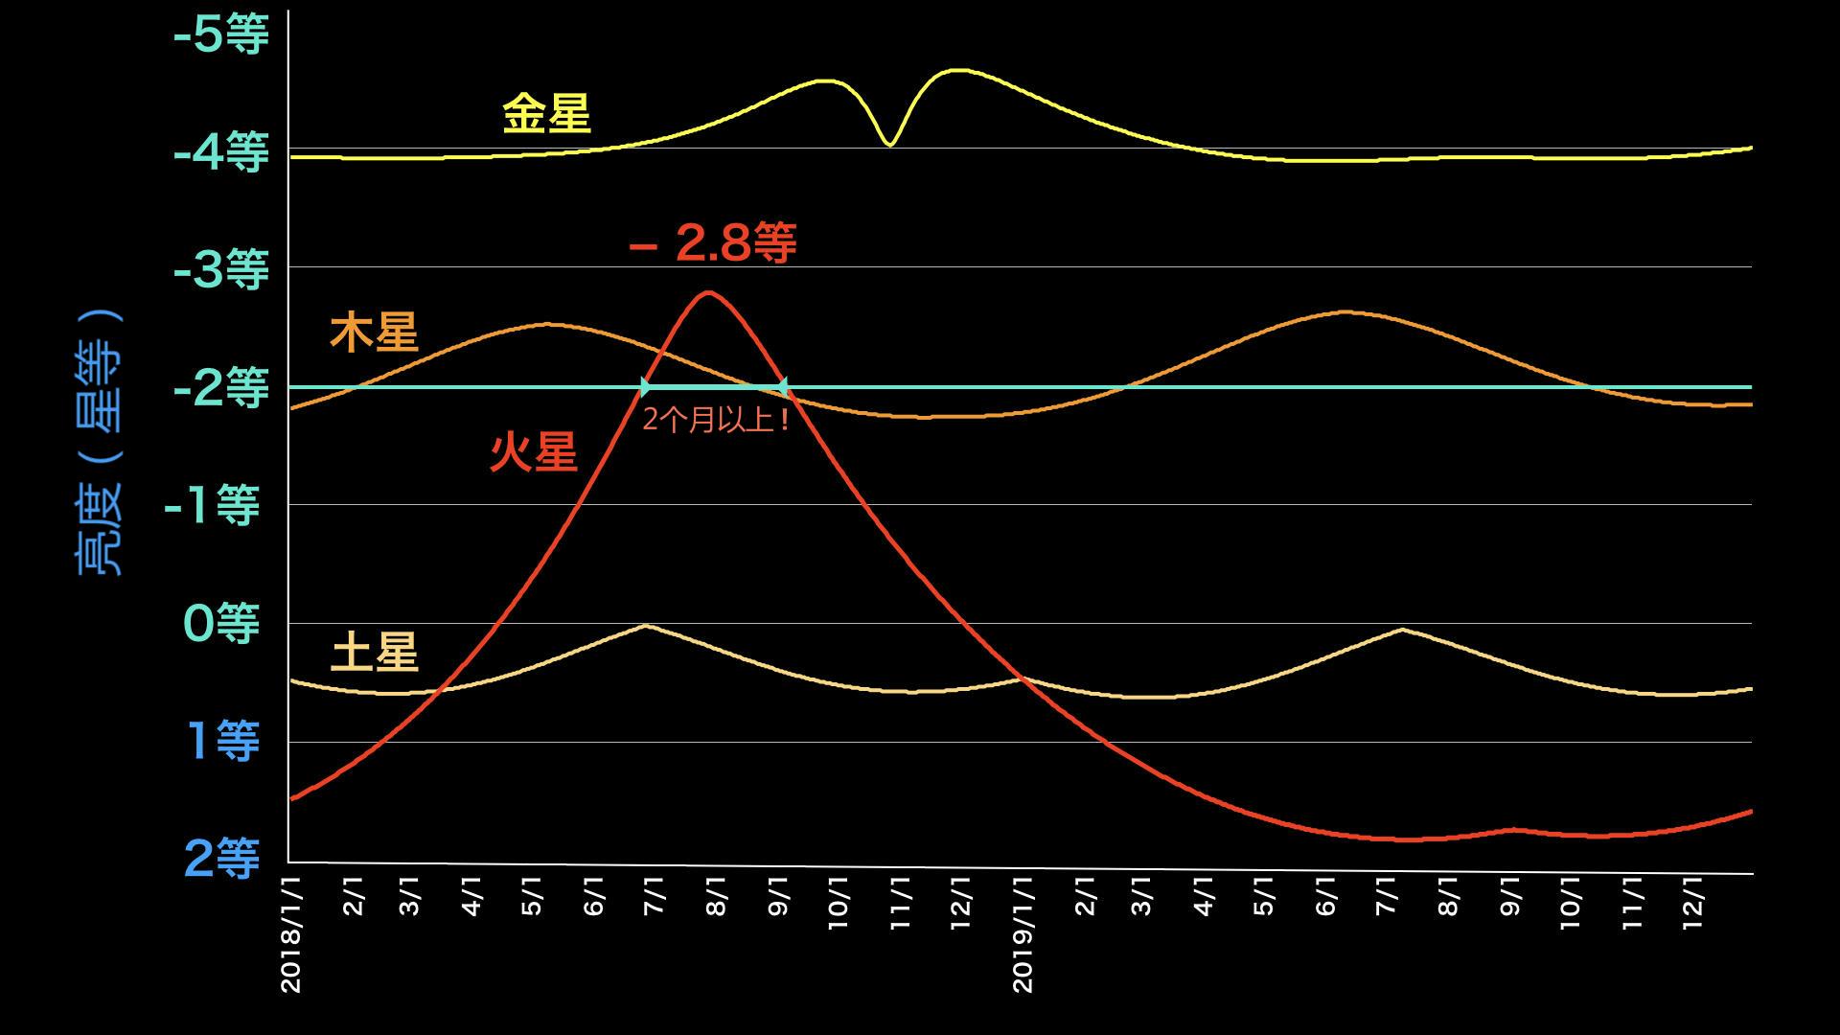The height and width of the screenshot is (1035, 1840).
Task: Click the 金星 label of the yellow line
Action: [546, 114]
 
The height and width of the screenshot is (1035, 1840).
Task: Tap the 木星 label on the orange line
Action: [374, 333]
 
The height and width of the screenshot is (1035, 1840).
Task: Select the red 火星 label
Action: [533, 452]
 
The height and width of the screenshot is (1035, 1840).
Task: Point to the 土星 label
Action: [374, 655]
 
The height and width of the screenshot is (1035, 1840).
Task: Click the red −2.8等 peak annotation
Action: [712, 242]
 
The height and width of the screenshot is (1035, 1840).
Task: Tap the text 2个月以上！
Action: [716, 420]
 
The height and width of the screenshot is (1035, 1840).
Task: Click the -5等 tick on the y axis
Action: [220, 35]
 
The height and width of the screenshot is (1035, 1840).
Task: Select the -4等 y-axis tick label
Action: [220, 152]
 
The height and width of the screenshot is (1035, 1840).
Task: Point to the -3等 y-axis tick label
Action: [220, 271]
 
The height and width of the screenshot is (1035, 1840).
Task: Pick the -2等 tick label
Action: [220, 389]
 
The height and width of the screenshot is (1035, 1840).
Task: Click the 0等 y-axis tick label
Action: [220, 624]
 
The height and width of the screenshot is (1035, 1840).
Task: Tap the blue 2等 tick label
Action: [220, 859]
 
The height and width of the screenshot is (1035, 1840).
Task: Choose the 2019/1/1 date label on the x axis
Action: [1023, 931]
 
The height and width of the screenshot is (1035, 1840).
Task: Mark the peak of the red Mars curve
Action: [707, 292]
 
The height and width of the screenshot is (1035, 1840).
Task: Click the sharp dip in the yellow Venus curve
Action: [890, 145]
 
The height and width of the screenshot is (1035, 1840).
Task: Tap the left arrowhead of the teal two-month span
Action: [645, 387]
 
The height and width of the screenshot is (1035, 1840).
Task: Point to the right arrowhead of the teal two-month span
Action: [783, 387]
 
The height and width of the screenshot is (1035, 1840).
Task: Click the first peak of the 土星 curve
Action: [647, 626]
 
